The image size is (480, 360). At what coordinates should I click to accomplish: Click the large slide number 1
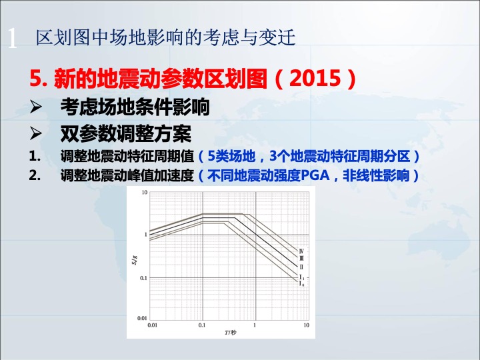[12, 39]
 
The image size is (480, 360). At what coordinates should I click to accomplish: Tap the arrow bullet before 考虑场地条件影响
[36, 107]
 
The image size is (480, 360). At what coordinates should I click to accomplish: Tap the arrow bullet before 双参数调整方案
[36, 133]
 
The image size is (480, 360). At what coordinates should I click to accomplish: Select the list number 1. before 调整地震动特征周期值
[35, 157]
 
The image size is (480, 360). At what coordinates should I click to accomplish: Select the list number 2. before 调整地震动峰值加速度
[35, 175]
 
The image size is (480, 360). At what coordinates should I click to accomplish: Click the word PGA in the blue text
[315, 175]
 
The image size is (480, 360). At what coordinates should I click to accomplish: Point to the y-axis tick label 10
[145, 192]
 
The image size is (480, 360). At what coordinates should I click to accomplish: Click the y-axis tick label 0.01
[143, 318]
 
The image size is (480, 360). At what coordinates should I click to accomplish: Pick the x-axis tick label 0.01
[152, 325]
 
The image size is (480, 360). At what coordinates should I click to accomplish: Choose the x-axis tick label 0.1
[202, 325]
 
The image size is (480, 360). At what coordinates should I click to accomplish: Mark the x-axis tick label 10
[306, 325]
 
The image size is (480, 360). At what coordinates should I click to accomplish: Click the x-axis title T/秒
[230, 333]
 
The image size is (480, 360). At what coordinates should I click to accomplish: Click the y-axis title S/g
[135, 260]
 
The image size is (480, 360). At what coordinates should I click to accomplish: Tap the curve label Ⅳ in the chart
[301, 251]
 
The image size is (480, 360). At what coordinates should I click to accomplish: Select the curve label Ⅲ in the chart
[301, 259]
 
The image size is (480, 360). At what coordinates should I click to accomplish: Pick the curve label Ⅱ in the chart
[301, 267]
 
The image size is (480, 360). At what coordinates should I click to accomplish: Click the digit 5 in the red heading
[35, 78]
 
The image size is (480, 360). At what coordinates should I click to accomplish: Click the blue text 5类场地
[231, 157]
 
